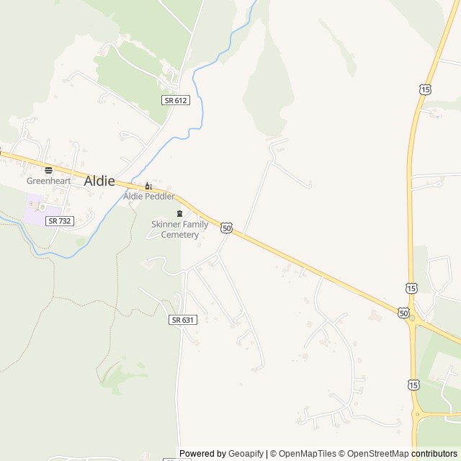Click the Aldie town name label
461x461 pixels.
[99, 181]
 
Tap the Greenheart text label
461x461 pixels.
[49, 181]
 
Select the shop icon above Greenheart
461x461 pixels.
[49, 170]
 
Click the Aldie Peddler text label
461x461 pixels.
[148, 196]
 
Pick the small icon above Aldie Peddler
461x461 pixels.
[148, 185]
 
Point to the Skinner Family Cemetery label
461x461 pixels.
[179, 229]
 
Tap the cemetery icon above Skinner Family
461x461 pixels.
[179, 214]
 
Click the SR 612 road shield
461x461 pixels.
[176, 100]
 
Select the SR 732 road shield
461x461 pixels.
[59, 221]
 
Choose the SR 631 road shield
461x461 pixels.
[183, 319]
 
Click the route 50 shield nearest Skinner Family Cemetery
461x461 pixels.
[227, 228]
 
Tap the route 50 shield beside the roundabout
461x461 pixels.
[403, 313]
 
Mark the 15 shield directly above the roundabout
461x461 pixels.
[411, 288]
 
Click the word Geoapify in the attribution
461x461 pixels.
[246, 454]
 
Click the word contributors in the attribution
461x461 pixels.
[434, 454]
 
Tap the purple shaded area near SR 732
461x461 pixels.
[34, 210]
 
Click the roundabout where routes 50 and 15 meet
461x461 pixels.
[413, 321]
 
